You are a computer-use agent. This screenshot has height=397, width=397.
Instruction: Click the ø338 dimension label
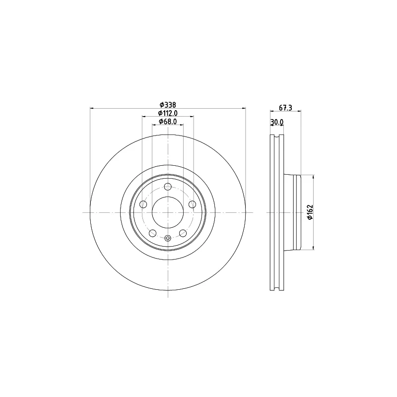point(168,105)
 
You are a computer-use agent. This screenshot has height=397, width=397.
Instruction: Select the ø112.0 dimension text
point(168,113)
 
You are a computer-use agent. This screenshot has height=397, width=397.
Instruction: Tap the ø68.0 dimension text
point(168,122)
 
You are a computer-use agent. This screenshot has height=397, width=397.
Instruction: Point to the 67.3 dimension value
point(286,108)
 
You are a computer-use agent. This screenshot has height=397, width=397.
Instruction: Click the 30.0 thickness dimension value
point(277,122)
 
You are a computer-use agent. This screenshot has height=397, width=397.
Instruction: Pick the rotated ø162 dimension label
point(311,212)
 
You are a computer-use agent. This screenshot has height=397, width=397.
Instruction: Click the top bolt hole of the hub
point(168,187)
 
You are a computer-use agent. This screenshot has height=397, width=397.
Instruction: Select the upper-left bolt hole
point(143,204)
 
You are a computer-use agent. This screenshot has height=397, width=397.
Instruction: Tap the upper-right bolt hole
point(193,204)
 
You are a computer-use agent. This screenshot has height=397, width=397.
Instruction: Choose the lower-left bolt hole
point(153,233)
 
